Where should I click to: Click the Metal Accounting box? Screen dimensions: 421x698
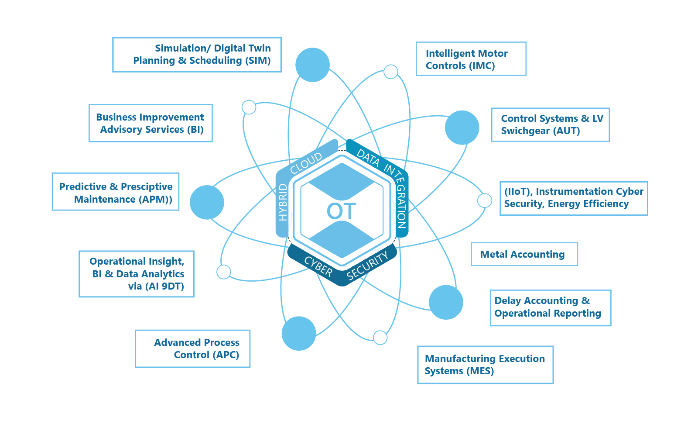(x=524, y=254)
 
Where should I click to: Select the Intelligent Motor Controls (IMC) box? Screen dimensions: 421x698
(x=471, y=59)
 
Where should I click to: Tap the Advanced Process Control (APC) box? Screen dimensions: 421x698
(x=192, y=349)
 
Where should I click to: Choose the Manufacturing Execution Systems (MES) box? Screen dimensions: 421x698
(x=485, y=365)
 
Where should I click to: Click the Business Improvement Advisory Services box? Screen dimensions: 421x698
(x=151, y=123)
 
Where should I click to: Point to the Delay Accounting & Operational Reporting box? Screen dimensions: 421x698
(x=550, y=307)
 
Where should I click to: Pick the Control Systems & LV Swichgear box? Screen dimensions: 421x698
(x=550, y=124)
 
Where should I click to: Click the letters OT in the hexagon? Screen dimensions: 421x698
(x=342, y=211)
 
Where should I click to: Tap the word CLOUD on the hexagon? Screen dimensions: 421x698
(x=306, y=163)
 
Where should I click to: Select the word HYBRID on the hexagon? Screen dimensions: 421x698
(x=283, y=202)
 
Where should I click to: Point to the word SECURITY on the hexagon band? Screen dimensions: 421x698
(x=367, y=266)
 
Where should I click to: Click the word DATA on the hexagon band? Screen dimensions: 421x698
(x=368, y=158)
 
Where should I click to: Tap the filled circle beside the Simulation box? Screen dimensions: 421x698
(x=312, y=65)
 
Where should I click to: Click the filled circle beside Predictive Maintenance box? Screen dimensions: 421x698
(x=207, y=202)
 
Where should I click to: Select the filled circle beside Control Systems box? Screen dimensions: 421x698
(x=462, y=128)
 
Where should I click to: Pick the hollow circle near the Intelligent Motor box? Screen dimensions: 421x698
(x=390, y=72)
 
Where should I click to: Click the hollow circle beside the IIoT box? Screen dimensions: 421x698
(x=484, y=200)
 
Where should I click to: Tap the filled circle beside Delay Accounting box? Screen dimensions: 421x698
(x=446, y=302)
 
